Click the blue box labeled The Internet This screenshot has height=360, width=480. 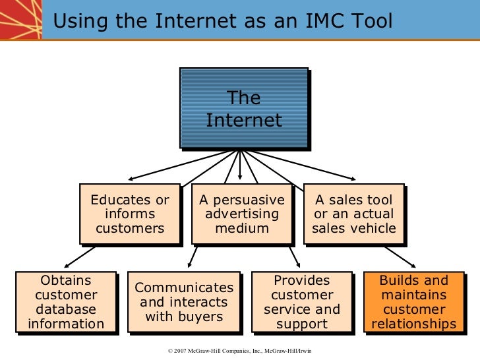click(x=243, y=109)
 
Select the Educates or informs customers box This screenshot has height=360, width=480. click(x=130, y=214)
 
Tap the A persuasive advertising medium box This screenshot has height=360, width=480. click(x=242, y=214)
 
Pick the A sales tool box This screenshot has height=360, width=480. click(x=353, y=214)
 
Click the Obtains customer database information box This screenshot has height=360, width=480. click(x=66, y=302)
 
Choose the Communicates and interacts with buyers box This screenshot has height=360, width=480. click(x=184, y=302)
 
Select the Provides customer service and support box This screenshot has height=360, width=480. click(x=302, y=302)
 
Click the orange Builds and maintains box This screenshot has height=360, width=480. click(x=413, y=302)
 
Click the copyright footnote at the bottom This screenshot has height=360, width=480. click(x=240, y=351)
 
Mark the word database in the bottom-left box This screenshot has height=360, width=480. click(x=66, y=309)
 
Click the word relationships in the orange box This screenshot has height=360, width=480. click(x=413, y=324)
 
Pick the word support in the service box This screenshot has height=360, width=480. click(x=302, y=324)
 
